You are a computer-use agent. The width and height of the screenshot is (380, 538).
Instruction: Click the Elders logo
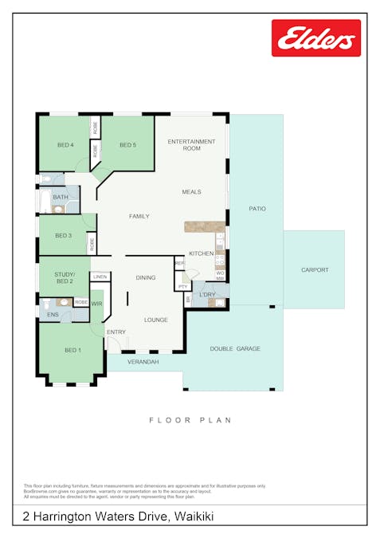point(315,38)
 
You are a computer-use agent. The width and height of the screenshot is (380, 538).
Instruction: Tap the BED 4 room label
point(65,145)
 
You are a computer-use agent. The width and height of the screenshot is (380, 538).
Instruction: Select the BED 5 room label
point(127,145)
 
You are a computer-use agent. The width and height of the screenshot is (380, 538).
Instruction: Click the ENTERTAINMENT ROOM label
point(191,145)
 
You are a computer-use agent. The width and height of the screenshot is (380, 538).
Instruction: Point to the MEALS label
point(191,192)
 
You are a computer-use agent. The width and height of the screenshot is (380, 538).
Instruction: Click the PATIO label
point(257,209)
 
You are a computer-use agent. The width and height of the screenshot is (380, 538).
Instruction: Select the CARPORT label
point(315,270)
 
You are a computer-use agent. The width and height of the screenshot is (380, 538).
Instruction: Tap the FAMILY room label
point(139,216)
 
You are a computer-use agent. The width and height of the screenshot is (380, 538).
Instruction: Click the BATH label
point(61,197)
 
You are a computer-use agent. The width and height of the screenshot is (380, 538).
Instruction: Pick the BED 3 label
point(64,236)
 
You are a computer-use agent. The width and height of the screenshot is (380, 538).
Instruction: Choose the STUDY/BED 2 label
point(64,278)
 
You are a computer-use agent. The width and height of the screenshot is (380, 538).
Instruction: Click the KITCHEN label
point(201,253)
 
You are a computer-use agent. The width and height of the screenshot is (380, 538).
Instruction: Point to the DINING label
point(146,277)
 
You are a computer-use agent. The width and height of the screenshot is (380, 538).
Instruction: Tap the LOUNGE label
point(155,320)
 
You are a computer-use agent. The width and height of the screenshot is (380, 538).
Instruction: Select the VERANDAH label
point(144,362)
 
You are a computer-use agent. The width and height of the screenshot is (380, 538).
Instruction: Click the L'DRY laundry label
point(207,295)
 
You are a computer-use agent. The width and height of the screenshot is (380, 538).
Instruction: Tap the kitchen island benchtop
point(204,226)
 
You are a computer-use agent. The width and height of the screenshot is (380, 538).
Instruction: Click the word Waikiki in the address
point(193,517)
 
